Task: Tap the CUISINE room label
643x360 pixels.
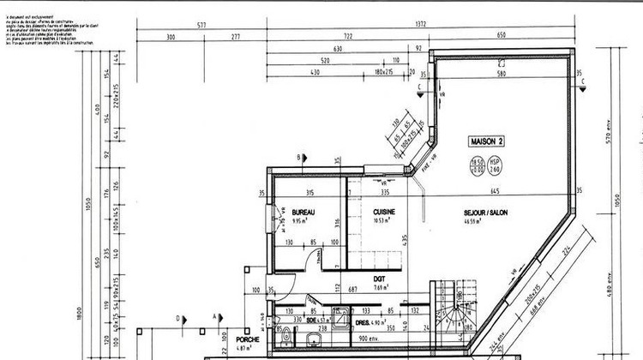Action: pos(383,211)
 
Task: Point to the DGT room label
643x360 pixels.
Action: pos(378,278)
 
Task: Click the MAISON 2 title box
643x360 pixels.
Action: pos(485,141)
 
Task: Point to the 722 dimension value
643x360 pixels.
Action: pos(349,37)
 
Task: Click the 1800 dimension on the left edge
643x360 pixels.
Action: pos(77,313)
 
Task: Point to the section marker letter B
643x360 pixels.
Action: pos(297,157)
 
